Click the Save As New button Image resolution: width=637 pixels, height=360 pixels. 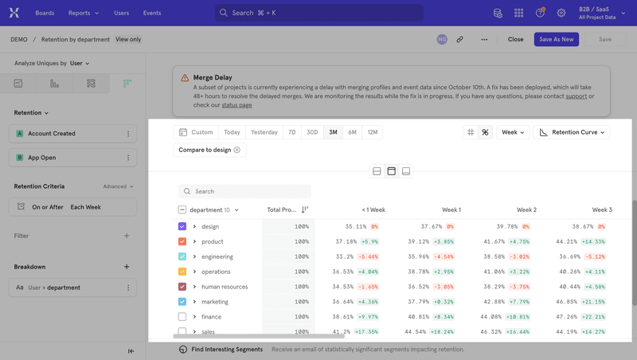[x=556, y=39]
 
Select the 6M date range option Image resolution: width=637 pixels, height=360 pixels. [x=352, y=132]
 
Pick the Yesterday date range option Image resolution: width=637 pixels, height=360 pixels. [x=264, y=132]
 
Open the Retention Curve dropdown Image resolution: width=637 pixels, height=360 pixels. [x=571, y=132]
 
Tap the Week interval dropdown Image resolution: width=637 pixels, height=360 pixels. [x=512, y=132]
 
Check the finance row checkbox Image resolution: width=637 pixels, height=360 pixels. [x=182, y=317]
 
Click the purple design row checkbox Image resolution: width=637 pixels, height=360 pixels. [x=182, y=227]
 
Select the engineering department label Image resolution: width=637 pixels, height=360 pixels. [x=217, y=256]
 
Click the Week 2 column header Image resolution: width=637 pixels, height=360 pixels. [x=526, y=209]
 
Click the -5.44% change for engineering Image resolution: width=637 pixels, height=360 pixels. [x=368, y=256]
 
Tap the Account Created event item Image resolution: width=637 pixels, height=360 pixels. [x=52, y=134]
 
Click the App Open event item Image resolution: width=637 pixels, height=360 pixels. [x=42, y=158]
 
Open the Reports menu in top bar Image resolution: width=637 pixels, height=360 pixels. [x=84, y=13]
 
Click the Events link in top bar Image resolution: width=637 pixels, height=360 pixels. [x=151, y=13]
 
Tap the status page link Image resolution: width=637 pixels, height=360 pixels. [x=236, y=105]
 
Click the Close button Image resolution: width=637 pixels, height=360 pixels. [x=516, y=39]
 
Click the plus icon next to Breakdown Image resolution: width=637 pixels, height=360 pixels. [x=127, y=267]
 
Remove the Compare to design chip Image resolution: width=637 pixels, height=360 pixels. [x=237, y=150]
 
